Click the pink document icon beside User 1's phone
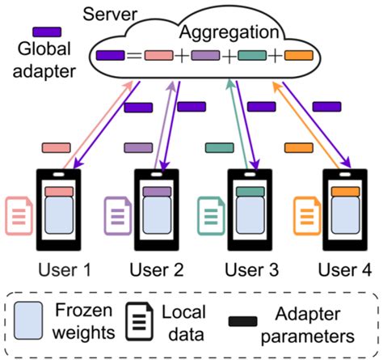(19, 215)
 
